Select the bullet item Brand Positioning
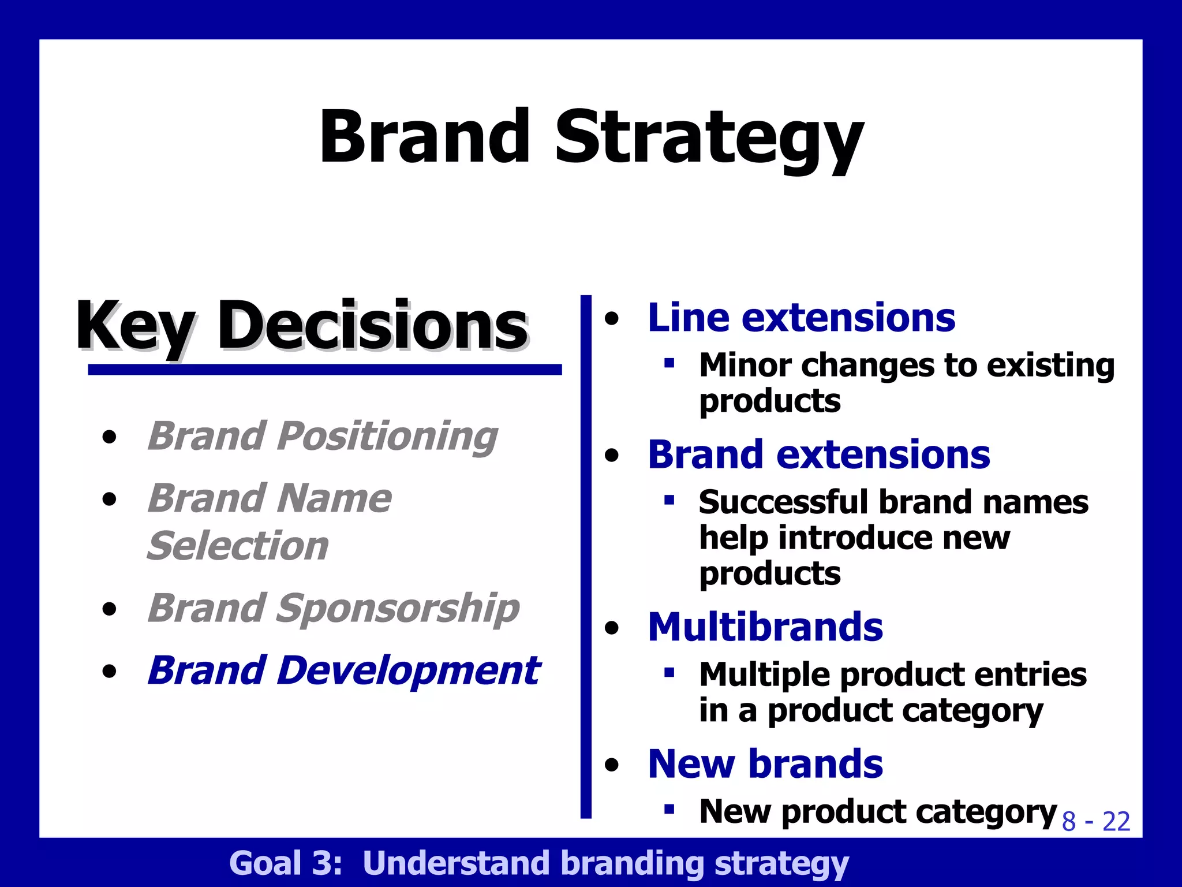click(x=322, y=436)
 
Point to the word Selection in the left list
click(x=238, y=546)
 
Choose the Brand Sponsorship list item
click(x=333, y=608)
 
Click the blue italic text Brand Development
click(x=343, y=670)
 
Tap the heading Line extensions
click(x=801, y=318)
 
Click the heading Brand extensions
click(x=818, y=454)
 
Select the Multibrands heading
click(x=765, y=627)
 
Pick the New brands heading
click(x=765, y=764)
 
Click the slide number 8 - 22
click(x=1095, y=821)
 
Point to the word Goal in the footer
click(x=265, y=863)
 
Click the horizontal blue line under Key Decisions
click(x=324, y=370)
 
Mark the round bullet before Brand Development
click(x=109, y=672)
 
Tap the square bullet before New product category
click(x=669, y=809)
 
